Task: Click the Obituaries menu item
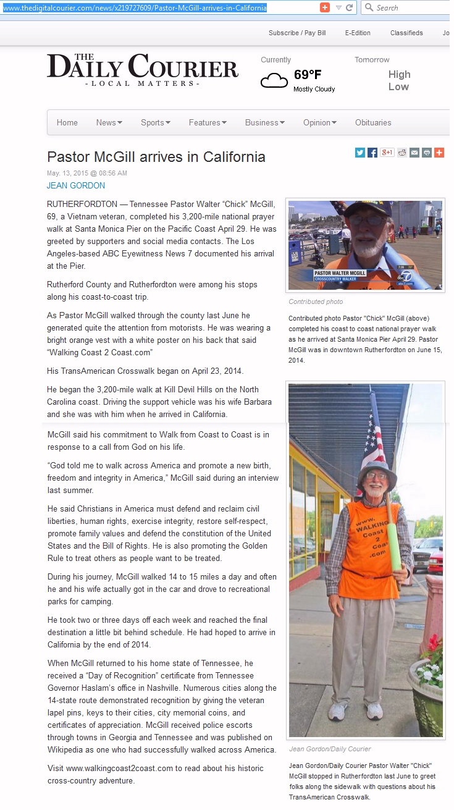tap(373, 122)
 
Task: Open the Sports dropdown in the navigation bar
tap(155, 122)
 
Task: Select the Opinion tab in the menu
tap(319, 122)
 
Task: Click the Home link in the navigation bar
tap(67, 122)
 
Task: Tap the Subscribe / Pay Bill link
tap(296, 33)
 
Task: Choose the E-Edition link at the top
tap(358, 33)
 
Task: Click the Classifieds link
tap(406, 33)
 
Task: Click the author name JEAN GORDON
tap(76, 185)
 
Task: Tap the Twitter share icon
tap(360, 153)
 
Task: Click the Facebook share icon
tap(372, 153)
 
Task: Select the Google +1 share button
tap(387, 153)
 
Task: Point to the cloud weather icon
tap(274, 80)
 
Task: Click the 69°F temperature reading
tap(308, 75)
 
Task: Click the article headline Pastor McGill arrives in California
tap(156, 157)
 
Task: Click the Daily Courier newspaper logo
tap(143, 69)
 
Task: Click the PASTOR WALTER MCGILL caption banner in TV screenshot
tap(340, 273)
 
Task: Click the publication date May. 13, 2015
tap(87, 173)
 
